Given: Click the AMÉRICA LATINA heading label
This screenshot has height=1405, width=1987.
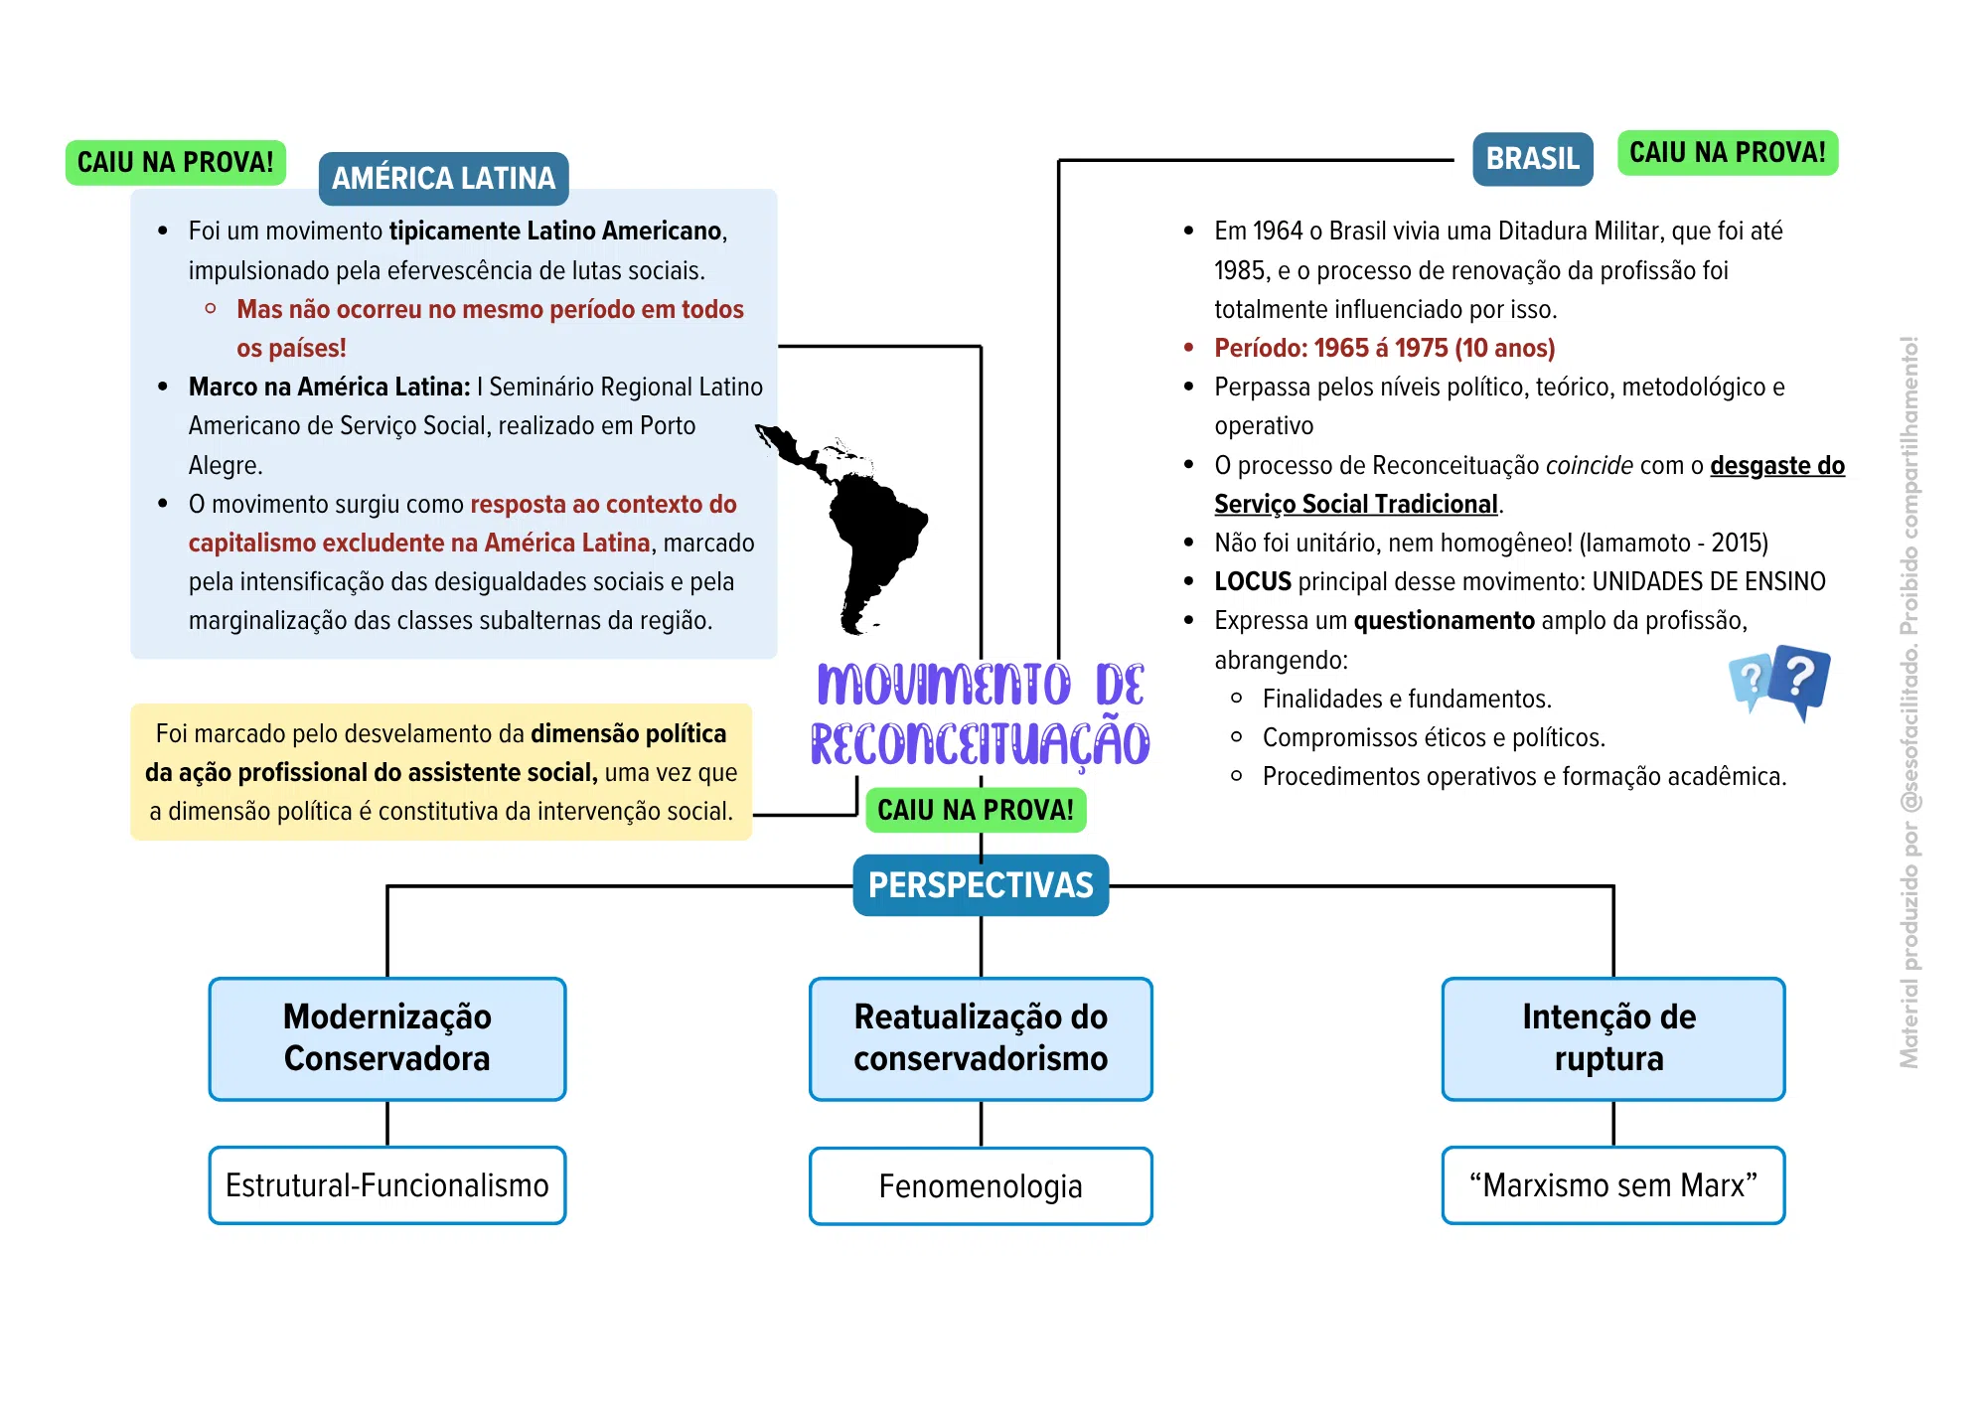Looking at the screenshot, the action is click(x=443, y=178).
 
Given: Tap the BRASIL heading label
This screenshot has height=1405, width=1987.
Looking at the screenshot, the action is click(x=1532, y=159).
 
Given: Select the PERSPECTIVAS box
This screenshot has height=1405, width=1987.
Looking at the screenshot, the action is click(x=981, y=884).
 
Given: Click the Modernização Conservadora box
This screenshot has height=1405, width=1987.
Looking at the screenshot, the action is click(x=387, y=1038).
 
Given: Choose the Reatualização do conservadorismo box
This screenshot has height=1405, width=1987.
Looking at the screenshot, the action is click(x=981, y=1038).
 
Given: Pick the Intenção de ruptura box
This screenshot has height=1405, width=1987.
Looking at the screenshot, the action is click(x=1612, y=1038).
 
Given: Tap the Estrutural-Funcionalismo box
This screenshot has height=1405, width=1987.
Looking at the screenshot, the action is click(x=387, y=1185).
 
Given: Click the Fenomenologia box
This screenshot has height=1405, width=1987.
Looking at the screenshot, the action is click(x=981, y=1186).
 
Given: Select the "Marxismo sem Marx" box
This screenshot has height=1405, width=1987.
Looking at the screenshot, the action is click(x=1612, y=1185).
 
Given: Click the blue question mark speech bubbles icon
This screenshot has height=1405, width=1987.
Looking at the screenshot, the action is click(x=1780, y=682).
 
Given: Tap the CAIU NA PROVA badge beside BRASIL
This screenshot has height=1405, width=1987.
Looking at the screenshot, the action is click(x=1728, y=153).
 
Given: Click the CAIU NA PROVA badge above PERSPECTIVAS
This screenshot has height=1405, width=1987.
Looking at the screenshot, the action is click(x=976, y=810).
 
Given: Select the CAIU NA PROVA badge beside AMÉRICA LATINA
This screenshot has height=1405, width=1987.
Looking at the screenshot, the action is click(x=176, y=162).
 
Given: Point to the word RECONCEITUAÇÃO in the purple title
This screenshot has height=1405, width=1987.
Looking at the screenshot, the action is click(x=981, y=743).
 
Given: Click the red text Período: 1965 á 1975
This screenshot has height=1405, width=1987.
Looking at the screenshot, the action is click(x=1331, y=349).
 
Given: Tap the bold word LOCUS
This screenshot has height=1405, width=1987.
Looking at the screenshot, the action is click(x=1253, y=581).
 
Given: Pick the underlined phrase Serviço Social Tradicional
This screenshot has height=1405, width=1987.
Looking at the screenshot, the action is click(x=1356, y=504).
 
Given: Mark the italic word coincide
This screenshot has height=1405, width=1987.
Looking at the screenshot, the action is click(x=1590, y=465).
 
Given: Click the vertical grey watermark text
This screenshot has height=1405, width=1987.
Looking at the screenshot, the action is click(x=1910, y=702).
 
